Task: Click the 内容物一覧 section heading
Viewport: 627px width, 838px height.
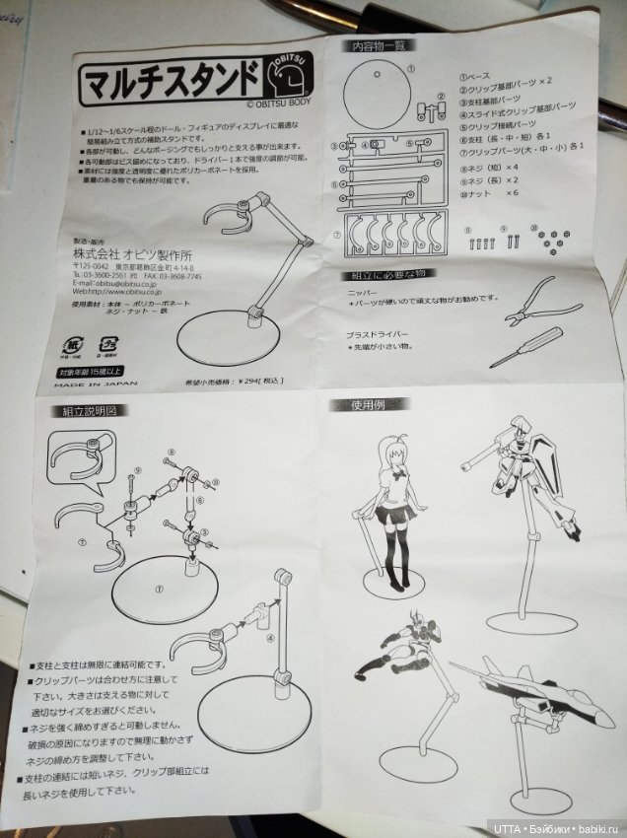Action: click(381, 46)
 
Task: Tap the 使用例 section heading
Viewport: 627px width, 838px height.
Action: click(370, 405)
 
